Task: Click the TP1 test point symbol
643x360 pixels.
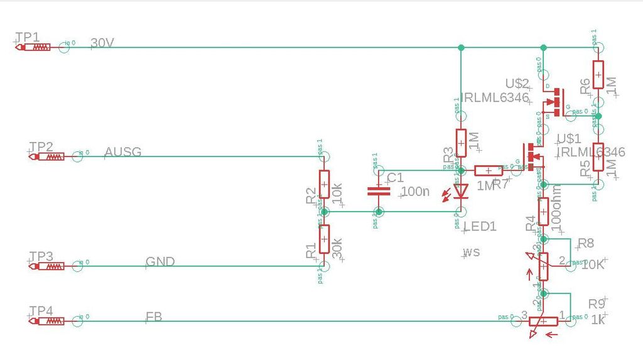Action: coord(38,46)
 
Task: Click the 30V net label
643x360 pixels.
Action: coord(102,43)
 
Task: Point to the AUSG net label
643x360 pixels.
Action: coord(123,152)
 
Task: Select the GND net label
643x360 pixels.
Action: coord(159,262)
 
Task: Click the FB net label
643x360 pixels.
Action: coord(154,317)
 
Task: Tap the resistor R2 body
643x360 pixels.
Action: coord(324,185)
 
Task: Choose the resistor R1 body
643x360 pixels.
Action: coord(324,239)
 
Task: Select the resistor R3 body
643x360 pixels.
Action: coord(461,143)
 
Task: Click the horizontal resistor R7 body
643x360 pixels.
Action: coord(488,170)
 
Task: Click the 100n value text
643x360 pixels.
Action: coord(414,192)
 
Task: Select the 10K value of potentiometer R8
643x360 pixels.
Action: coord(593,265)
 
